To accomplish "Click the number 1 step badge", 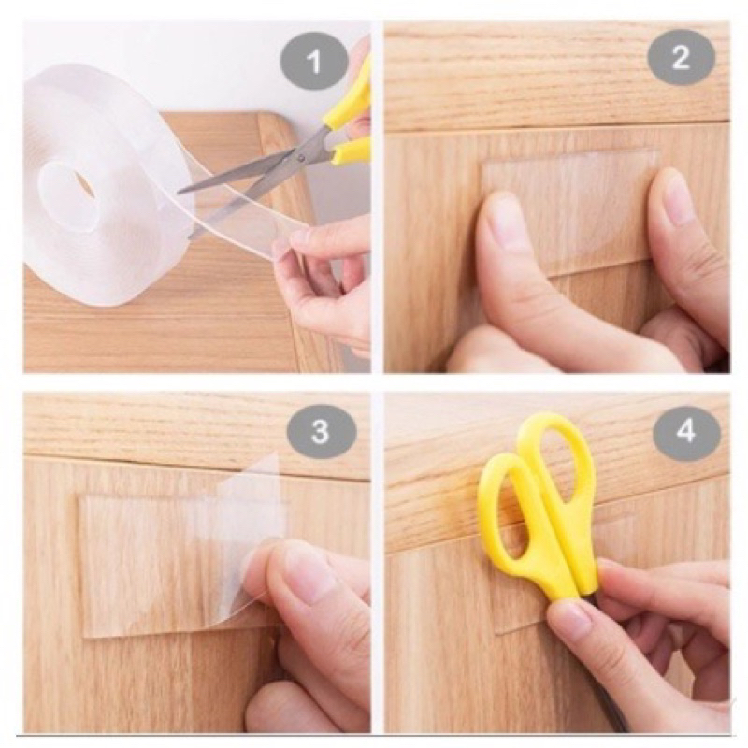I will click(313, 63).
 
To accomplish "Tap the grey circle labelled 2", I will click(680, 59).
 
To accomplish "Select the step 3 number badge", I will click(321, 432).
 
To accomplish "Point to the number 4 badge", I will click(685, 432).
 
